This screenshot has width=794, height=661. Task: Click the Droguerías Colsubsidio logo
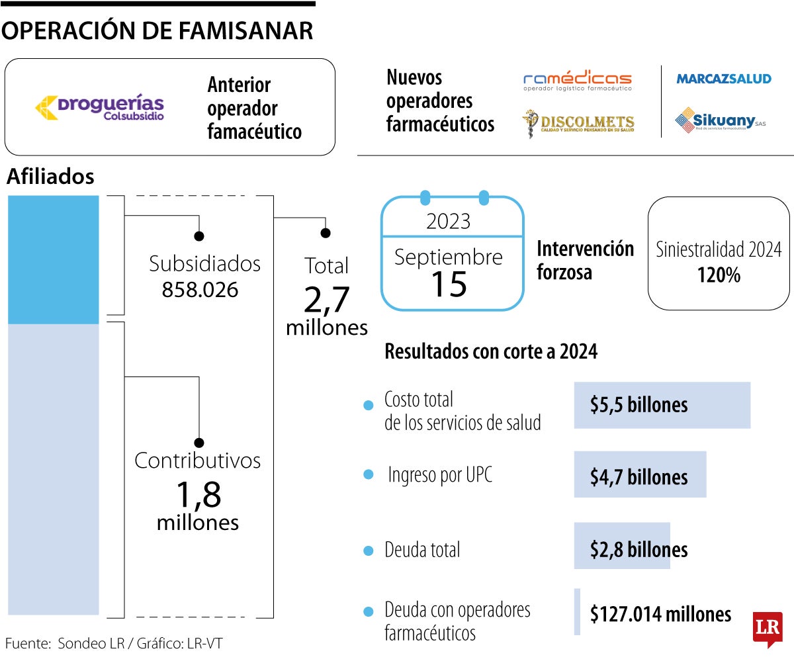100,108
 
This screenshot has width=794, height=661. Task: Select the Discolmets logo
578,124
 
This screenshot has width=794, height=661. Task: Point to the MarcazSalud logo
723,79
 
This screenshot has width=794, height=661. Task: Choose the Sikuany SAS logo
719,121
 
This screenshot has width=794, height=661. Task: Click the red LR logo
768,630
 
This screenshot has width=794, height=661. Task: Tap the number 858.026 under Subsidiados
200,290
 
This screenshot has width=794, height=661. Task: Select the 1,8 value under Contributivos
198,493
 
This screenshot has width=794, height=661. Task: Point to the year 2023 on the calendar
449,221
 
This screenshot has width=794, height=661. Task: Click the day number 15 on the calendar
449,283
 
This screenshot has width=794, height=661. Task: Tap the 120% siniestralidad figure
719,275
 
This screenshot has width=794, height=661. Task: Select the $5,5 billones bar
662,405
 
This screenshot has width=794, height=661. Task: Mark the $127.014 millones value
660,615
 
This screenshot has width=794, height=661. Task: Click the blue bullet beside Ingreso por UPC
369,476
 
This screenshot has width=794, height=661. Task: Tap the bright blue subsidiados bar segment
53,259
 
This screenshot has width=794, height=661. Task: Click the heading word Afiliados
50,177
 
